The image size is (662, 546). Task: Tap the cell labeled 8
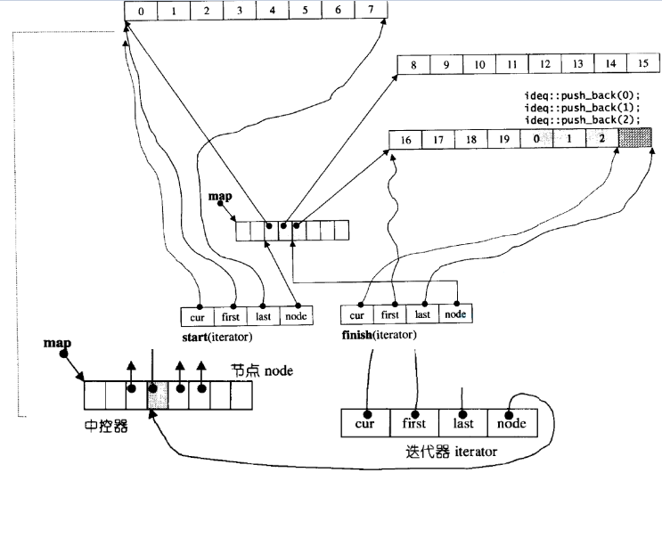pos(414,64)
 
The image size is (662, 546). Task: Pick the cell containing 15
pos(642,64)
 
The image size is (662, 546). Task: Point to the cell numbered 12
pos(545,64)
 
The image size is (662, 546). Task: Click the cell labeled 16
pos(405,139)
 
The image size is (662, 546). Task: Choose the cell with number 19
pos(503,139)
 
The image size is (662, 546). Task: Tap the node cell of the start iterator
pos(296,315)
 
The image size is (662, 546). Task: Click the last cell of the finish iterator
pos(422,314)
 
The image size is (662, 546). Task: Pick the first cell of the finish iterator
pos(390,314)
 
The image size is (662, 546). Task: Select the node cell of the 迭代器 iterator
pos(511,423)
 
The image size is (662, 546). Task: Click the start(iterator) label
pos(217,338)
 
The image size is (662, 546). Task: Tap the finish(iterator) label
pos(380,336)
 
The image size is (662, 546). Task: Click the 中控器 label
pos(100,427)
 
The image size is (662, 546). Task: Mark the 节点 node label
pos(262,369)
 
